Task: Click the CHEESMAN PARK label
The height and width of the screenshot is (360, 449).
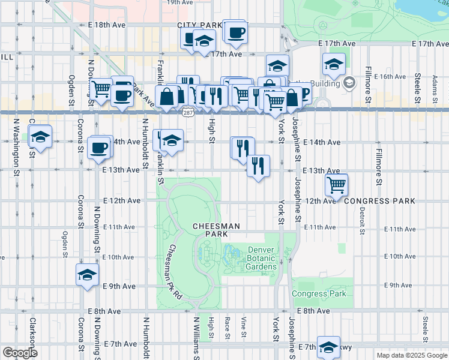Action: [x=216, y=230]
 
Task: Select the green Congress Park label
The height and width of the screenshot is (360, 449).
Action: [x=319, y=294]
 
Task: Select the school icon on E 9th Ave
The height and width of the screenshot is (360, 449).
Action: [x=87, y=275]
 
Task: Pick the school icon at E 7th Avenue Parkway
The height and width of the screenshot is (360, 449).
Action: [x=328, y=347]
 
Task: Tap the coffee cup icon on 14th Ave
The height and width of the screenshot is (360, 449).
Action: [x=98, y=147]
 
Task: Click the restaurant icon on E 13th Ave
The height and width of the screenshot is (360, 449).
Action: [x=258, y=166]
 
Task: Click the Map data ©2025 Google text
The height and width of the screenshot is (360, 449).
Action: [x=412, y=355]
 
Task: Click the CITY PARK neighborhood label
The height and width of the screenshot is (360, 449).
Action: [x=199, y=25]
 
